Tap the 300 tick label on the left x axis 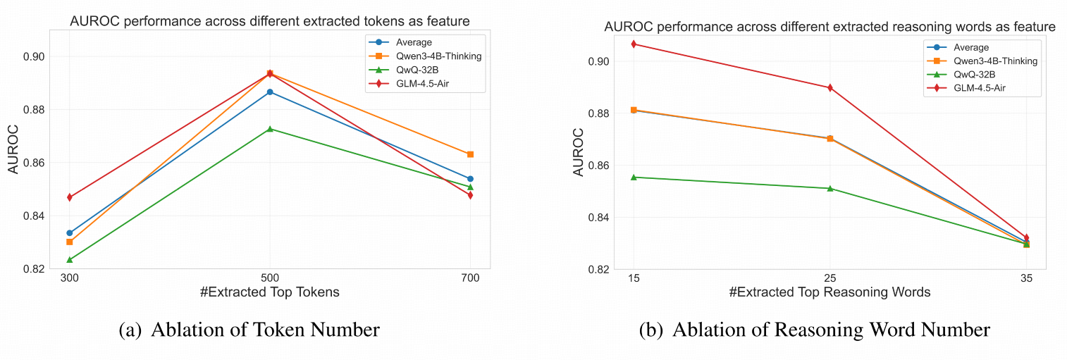69,278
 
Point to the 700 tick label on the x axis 470,278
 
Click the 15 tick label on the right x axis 634,278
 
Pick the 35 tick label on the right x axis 1026,278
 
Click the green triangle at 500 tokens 270,129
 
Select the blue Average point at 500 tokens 270,92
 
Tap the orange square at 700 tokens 470,154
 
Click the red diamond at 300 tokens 70,197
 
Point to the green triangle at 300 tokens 70,259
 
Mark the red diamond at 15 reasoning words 634,44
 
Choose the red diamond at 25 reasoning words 830,88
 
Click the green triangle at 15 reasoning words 634,178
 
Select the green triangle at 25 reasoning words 830,188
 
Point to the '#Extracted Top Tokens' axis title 270,292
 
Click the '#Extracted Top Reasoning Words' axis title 830,292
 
